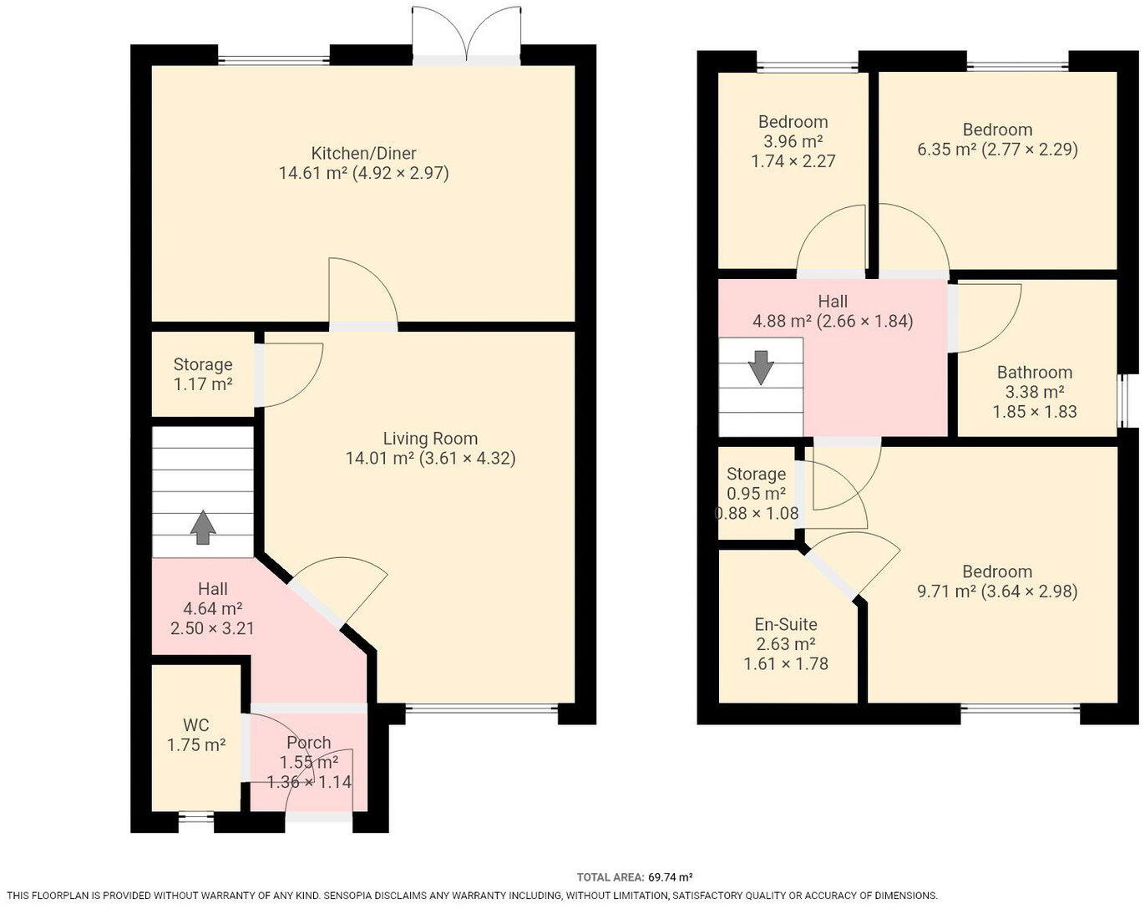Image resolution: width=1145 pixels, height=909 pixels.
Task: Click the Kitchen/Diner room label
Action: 363,154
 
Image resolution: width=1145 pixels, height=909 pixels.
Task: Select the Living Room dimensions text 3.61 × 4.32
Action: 468,459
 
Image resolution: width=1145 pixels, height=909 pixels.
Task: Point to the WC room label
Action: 196,725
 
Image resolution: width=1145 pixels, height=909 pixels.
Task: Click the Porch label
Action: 308,743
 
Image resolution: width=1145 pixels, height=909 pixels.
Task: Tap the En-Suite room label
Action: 785,624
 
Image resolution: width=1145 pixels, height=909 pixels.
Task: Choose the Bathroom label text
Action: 1034,373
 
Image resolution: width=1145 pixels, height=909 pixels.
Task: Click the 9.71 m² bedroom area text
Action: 946,592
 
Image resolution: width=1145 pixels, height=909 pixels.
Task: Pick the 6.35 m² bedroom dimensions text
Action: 1030,150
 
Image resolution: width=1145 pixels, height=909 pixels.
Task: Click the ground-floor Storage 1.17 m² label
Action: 202,374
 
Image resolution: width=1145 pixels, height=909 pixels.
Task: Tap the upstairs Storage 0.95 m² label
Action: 756,484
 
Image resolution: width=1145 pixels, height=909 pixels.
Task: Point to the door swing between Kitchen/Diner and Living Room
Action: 362,292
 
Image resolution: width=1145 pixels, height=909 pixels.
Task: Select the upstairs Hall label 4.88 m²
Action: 832,311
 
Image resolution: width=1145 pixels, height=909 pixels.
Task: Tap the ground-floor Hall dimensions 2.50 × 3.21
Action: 212,628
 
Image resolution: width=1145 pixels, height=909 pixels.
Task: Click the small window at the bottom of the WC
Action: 196,818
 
